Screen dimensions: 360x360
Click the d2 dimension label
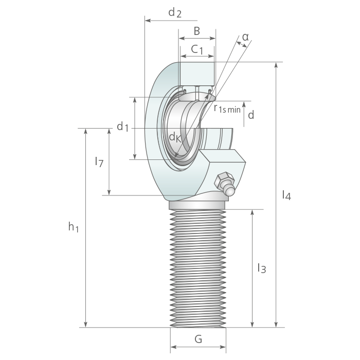175,12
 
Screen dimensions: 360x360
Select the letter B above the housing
197,31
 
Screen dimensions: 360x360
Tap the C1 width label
197,49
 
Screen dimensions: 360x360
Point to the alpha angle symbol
245,37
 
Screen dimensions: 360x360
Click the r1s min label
227,108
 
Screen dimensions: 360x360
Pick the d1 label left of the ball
122,127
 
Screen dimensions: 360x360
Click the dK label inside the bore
175,137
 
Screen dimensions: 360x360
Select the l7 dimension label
99,161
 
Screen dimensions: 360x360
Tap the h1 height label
74,227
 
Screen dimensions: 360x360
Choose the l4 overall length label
286,195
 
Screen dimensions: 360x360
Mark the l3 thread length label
262,268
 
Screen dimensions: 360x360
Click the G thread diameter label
198,339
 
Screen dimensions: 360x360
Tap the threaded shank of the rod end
197,268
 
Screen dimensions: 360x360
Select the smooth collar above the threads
197,205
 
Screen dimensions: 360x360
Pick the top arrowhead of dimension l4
276,65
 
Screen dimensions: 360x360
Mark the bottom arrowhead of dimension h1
86,325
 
